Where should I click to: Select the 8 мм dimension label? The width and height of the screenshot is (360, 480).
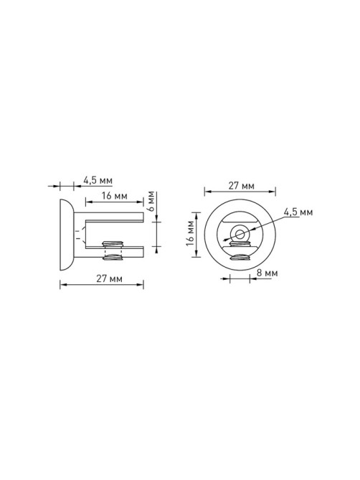click(267, 273)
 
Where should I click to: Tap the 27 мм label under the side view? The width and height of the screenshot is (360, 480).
click(110, 278)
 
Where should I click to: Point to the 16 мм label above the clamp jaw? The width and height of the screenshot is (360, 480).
click(115, 196)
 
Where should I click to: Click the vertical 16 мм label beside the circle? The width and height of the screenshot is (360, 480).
click(190, 233)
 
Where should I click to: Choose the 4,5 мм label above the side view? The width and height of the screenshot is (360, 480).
click(98, 180)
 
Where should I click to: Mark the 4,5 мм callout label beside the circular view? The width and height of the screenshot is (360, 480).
click(298, 212)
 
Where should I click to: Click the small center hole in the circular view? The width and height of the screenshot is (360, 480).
click(240, 235)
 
